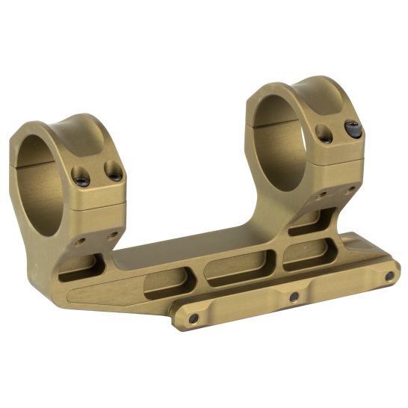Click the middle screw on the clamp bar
click(294, 297)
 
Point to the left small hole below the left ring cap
click(81, 241)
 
